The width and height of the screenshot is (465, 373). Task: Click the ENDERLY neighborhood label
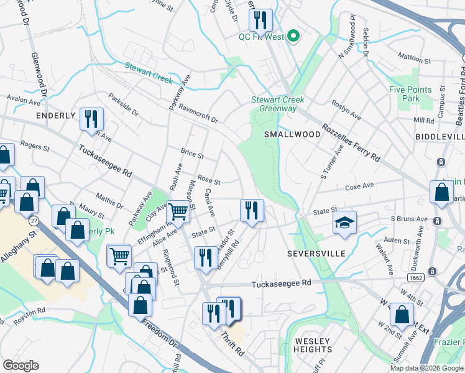(55, 116)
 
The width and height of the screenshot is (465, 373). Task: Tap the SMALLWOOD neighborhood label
(289, 134)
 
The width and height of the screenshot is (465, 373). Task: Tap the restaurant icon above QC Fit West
(260, 19)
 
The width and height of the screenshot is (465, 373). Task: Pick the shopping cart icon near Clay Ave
(178, 211)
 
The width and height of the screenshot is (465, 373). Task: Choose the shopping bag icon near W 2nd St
(402, 315)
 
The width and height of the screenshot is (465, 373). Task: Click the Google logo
(21, 366)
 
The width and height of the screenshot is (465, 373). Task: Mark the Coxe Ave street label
(359, 185)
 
